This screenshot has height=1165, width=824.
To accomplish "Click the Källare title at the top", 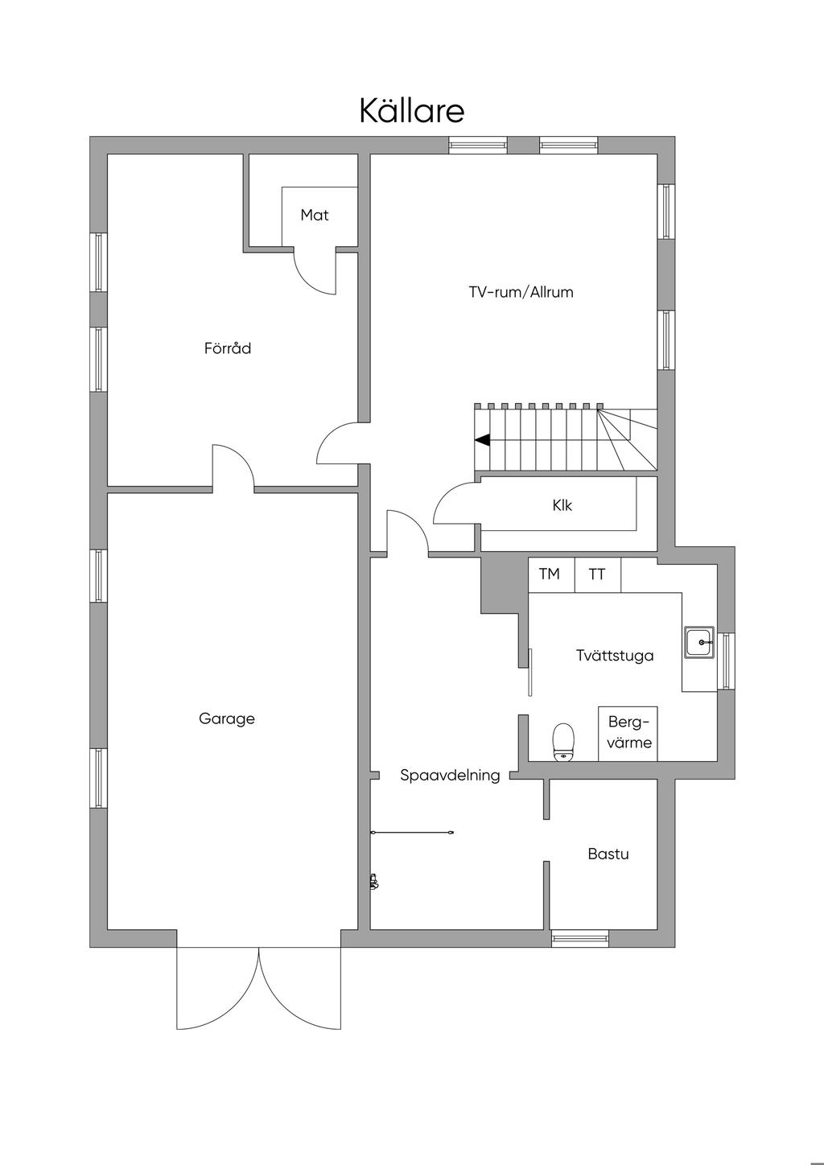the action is click(411, 110).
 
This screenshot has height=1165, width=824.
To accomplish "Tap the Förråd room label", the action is click(228, 348).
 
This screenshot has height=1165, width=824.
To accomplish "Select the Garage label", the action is click(227, 718).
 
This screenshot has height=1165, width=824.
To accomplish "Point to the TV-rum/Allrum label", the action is click(521, 292).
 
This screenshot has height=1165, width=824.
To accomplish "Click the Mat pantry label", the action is click(315, 215).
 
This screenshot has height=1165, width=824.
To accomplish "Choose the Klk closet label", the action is click(562, 505).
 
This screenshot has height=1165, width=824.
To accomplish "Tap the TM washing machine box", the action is click(551, 574).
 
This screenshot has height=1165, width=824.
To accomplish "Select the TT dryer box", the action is click(598, 574).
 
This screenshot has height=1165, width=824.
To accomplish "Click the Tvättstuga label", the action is click(615, 655).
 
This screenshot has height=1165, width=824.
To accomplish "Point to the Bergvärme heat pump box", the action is click(628, 734).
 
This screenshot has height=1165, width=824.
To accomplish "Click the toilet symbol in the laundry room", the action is click(563, 742).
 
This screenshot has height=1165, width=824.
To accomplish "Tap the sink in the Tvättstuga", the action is click(699, 642).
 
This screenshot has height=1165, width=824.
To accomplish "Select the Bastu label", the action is click(608, 854).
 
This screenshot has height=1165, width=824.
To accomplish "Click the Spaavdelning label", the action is click(450, 775).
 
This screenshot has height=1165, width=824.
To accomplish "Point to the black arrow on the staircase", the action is click(482, 440).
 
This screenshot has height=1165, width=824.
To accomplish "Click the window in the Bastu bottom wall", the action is click(579, 939).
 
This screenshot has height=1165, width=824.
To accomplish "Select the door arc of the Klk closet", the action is click(448, 494).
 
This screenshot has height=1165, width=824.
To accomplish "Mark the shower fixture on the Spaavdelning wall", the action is click(373, 881).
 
